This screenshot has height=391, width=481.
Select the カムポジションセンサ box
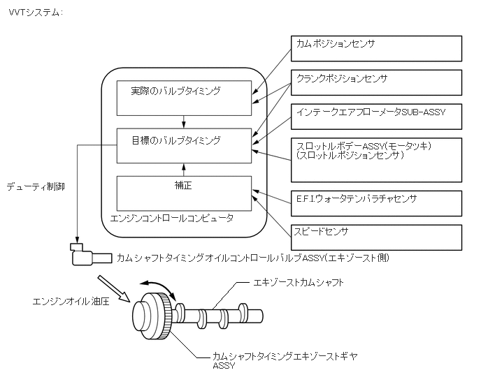pyautogui.click(x=375, y=48)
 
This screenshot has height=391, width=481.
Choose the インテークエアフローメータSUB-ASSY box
pyautogui.click(x=375, y=117)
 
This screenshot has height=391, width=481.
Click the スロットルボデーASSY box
pyautogui.click(x=375, y=159)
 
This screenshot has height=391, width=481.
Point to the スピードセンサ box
pyautogui.click(x=375, y=237)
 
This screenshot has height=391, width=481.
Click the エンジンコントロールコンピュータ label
pyautogui.click(x=173, y=219)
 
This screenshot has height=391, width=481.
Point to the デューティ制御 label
pyautogui.click(x=36, y=188)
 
